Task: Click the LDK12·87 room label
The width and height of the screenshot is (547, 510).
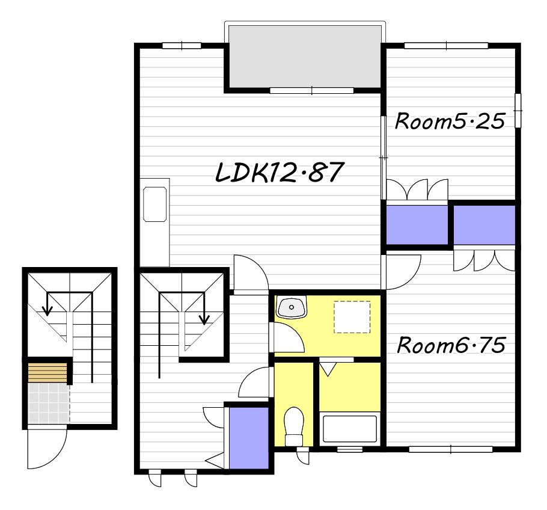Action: pyautogui.click(x=280, y=172)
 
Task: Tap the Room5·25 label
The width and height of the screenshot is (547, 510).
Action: pyautogui.click(x=450, y=121)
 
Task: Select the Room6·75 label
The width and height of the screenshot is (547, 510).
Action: pyautogui.click(x=451, y=345)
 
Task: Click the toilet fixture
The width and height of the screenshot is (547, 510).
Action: pyautogui.click(x=294, y=426)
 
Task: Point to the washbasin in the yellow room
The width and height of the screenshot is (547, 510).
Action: pyautogui.click(x=292, y=307)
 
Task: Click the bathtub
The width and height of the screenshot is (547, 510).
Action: pyautogui.click(x=350, y=429)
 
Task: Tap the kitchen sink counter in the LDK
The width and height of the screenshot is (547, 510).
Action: pyautogui.click(x=154, y=223)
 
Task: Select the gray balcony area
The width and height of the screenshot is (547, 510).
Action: pyautogui.click(x=305, y=57)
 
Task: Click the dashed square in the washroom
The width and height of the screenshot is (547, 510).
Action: pyautogui.click(x=352, y=317)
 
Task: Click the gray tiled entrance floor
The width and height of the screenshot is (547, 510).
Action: pyautogui.click(x=49, y=402)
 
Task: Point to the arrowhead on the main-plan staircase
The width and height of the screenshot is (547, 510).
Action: pyautogui.click(x=204, y=319)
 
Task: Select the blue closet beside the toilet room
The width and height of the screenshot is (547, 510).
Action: pyautogui.click(x=249, y=438)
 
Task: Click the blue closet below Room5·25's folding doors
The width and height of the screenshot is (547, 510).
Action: pyautogui.click(x=417, y=225)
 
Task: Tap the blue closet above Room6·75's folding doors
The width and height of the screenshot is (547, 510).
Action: pyautogui.click(x=484, y=225)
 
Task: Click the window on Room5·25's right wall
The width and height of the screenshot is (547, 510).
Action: pyautogui.click(x=518, y=111)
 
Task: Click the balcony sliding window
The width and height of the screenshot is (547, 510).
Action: pyautogui.click(x=312, y=90)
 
